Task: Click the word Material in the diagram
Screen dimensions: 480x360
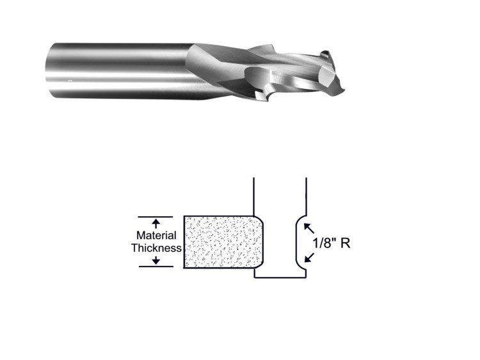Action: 156,235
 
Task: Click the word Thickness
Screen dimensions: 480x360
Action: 156,247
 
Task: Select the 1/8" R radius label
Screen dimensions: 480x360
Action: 332,243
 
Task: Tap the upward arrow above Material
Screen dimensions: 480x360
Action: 156,224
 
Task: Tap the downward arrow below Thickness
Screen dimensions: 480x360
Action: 156,260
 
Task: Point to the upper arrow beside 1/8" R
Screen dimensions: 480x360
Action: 309,228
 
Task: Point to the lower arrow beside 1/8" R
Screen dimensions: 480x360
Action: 309,258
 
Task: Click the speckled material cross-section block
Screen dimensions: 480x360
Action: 223,242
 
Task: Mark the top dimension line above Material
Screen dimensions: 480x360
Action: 156,217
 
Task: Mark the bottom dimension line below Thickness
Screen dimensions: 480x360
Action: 156,267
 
